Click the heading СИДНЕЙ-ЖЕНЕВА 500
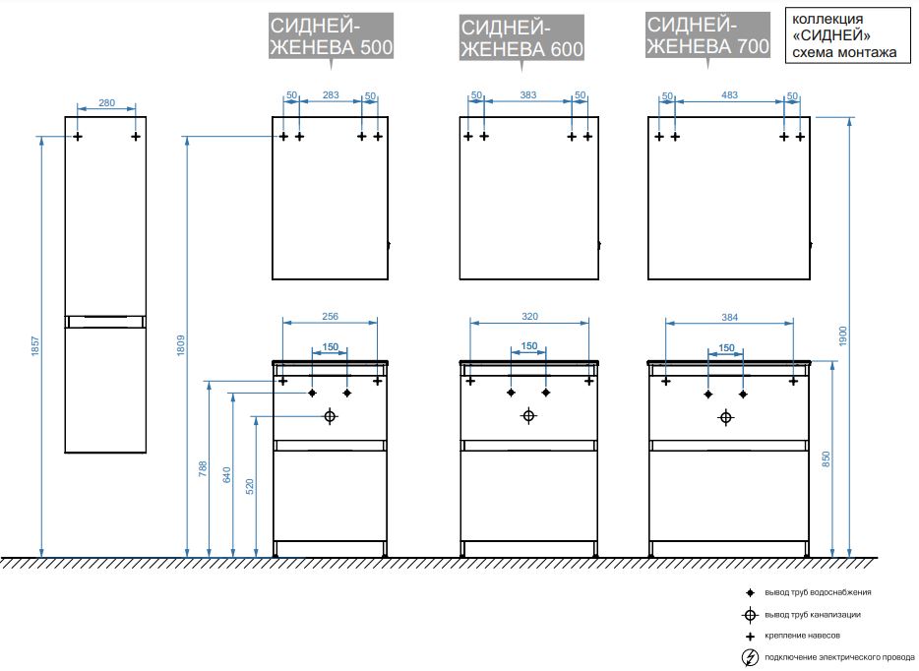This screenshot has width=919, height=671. (331, 38)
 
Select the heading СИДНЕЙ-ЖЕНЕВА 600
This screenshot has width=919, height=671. (521, 38)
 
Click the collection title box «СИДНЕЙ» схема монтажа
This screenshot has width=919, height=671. (844, 36)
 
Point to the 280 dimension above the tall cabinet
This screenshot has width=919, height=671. (107, 102)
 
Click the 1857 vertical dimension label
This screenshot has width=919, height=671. (35, 346)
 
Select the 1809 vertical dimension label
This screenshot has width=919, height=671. (181, 346)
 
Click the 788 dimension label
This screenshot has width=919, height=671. (204, 470)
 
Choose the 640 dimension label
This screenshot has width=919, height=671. (226, 477)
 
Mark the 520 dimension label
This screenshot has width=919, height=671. (250, 486)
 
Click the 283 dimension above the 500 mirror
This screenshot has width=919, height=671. (331, 95)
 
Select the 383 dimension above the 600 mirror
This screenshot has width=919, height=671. (528, 95)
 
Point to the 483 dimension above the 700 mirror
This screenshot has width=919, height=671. (729, 95)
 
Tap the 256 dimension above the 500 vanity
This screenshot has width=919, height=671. (331, 316)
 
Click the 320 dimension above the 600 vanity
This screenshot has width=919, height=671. (529, 316)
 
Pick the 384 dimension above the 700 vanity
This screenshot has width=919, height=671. (729, 316)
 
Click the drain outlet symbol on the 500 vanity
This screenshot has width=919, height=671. (330, 416)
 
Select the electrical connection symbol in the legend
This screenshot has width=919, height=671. (750, 657)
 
